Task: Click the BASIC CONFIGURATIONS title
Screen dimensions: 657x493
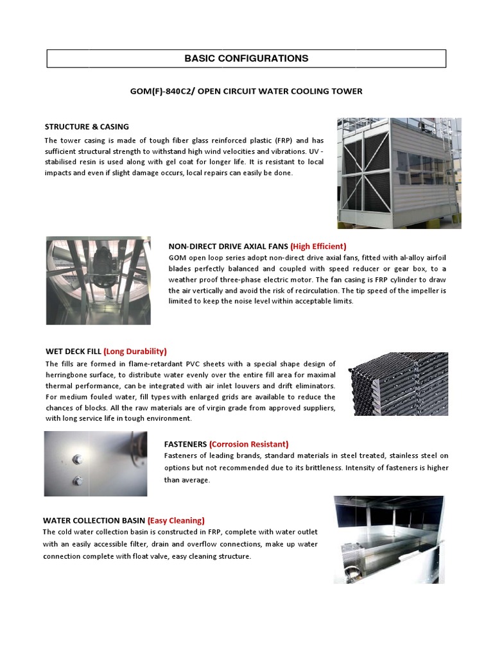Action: [x=246, y=58]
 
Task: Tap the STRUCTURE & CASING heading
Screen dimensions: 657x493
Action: [x=87, y=127]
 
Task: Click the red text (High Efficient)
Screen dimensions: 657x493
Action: [x=318, y=246]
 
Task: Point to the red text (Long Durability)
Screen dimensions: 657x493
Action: [x=135, y=352]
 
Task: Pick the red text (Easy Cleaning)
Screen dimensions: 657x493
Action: [x=176, y=520]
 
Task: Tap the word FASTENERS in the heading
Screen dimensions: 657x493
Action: [x=186, y=444]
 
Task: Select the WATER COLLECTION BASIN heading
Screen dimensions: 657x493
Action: [x=94, y=520]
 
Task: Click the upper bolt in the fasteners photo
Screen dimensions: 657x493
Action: [x=78, y=459]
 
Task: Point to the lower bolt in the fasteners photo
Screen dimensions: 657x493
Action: [x=78, y=480]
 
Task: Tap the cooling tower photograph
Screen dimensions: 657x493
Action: [x=399, y=173]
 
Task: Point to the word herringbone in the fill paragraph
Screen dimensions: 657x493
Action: [x=70, y=375]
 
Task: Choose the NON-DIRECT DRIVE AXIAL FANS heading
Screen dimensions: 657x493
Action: [x=228, y=246]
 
